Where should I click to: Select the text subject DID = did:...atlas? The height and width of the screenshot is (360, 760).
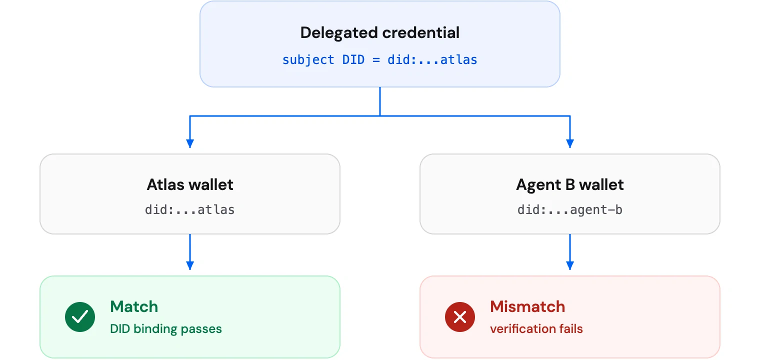tap(379, 59)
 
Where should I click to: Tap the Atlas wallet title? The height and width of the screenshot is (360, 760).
tap(190, 184)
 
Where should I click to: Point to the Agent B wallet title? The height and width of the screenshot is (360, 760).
tap(570, 184)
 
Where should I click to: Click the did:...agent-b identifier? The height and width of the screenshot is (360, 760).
tap(570, 209)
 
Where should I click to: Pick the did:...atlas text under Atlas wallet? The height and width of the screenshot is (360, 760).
tap(190, 209)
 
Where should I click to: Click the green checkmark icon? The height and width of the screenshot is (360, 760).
tap(80, 317)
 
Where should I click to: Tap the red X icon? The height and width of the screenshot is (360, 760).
tap(460, 317)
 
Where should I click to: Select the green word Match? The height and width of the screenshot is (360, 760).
tap(134, 306)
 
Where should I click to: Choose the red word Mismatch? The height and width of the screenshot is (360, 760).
tap(527, 306)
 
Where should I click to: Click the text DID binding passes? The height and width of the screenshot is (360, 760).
tap(166, 329)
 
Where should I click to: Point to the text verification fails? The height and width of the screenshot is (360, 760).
tap(536, 329)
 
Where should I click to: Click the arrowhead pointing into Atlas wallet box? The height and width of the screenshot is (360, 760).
tap(190, 143)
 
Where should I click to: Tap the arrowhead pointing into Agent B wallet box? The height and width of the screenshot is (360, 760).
tap(570, 143)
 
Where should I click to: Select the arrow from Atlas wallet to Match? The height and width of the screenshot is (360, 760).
tap(190, 252)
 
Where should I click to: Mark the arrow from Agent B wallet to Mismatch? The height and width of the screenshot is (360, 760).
tap(570, 252)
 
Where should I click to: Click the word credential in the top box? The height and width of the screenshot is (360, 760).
tap(421, 33)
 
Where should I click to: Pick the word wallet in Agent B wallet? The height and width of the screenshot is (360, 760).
tap(601, 184)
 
